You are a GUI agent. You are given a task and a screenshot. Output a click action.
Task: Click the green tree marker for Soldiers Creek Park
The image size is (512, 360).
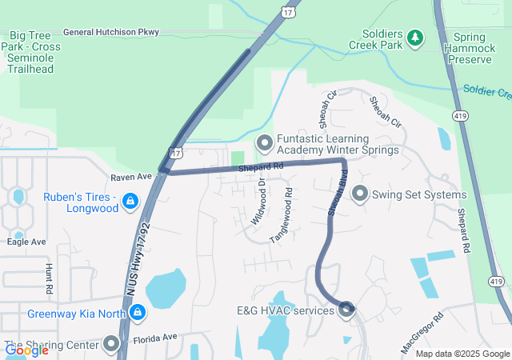point(414,37)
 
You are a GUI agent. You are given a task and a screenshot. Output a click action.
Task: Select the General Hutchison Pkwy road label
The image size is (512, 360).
point(110,32)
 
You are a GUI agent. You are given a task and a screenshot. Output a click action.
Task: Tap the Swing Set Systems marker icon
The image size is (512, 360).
point(360,194)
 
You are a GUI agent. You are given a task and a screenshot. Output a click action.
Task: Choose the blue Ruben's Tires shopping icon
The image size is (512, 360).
point(130,200)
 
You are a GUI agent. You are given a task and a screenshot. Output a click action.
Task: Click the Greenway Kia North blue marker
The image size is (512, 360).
point(138,311)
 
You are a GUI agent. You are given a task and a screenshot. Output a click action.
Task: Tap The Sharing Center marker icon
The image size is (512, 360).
point(110,345)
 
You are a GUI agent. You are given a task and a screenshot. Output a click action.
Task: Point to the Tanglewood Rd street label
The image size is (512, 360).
point(282,215)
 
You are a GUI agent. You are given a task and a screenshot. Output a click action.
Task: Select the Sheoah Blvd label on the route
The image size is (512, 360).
point(336,194)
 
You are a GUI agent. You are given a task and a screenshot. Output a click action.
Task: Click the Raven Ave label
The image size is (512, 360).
point(131,176)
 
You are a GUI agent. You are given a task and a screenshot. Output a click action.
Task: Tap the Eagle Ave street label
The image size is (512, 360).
point(26,242)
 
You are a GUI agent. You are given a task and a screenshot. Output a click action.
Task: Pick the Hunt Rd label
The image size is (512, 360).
point(50,278)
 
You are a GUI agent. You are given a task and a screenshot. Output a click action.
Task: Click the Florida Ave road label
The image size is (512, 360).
point(154,338)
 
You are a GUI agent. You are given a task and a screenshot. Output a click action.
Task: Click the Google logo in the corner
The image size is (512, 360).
point(26,350)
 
